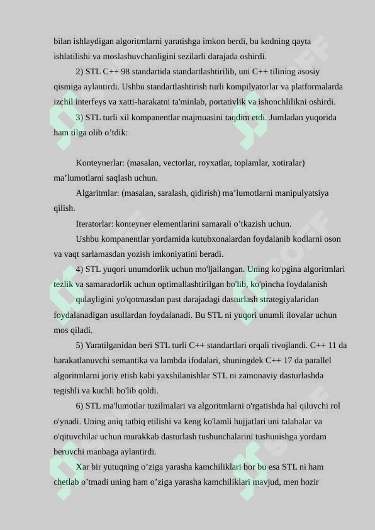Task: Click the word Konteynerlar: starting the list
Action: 100,163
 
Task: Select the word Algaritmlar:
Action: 98,193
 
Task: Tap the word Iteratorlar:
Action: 95,223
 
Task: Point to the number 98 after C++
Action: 126,72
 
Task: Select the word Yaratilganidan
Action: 115,346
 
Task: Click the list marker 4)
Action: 79,269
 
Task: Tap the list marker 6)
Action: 79,406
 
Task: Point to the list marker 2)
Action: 79,72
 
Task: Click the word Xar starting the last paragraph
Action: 83,467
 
